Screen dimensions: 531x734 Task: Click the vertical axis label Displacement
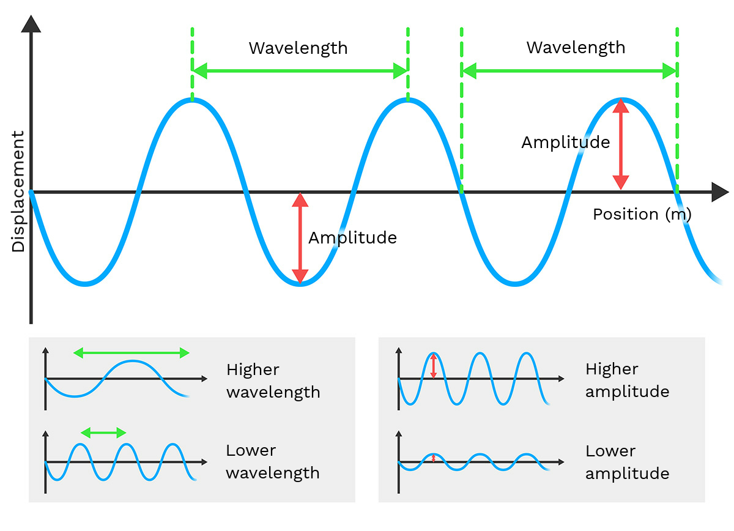(x=18, y=191)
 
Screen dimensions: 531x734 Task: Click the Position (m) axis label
(x=642, y=214)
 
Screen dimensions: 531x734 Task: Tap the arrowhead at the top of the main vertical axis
(x=31, y=24)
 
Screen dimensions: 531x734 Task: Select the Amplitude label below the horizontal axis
(x=352, y=237)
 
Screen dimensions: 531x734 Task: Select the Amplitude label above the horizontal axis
(x=565, y=143)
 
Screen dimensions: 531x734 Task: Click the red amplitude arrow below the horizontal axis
(x=300, y=238)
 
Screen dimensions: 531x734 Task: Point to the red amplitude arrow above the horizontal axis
(x=621, y=144)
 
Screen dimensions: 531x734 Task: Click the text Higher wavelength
(x=273, y=381)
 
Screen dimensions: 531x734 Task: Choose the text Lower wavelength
(x=273, y=461)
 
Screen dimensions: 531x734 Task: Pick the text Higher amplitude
(x=627, y=380)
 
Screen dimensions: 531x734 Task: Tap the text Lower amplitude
(x=627, y=462)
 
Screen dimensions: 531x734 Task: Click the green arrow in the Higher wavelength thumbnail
(x=132, y=352)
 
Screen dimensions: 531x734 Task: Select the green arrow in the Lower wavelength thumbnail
(x=103, y=432)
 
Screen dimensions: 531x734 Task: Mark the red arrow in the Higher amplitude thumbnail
(x=434, y=366)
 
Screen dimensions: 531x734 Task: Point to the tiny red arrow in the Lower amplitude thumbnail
(x=434, y=458)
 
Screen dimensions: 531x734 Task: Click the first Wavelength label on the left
(x=298, y=48)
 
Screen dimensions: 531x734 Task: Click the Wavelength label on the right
(x=576, y=47)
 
